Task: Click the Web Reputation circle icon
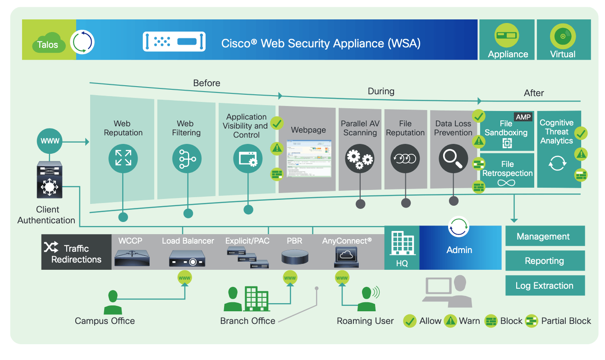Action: [123, 159]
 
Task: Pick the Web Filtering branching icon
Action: [187, 159]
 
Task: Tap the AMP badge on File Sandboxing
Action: [523, 117]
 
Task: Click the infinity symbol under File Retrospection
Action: [506, 183]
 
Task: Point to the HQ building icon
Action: [401, 243]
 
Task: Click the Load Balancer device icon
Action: [187, 258]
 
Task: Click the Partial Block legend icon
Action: [532, 321]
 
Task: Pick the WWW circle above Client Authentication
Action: [50, 141]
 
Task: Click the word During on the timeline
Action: [380, 91]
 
